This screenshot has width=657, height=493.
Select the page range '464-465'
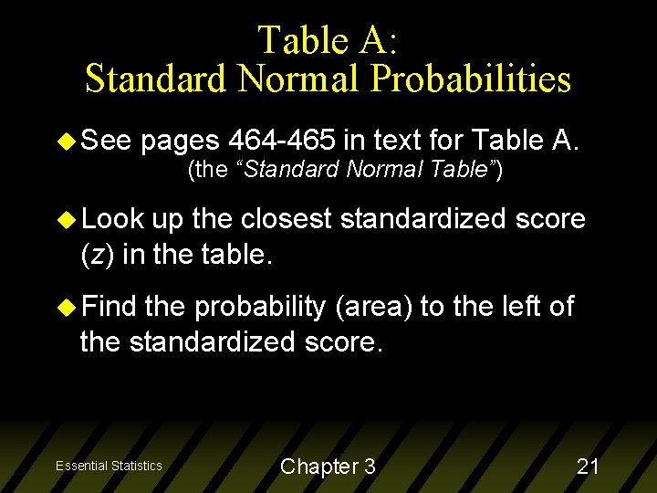pyautogui.click(x=286, y=141)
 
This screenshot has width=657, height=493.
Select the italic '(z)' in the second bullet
pyautogui.click(x=99, y=255)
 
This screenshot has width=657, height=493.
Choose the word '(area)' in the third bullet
pyautogui.click(x=374, y=307)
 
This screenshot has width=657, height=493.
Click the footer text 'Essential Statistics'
pyautogui.click(x=109, y=466)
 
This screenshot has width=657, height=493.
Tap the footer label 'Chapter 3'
pyautogui.click(x=328, y=467)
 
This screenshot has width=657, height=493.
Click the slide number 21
pyautogui.click(x=588, y=467)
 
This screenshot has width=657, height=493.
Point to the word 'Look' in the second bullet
pyautogui.click(x=113, y=219)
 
